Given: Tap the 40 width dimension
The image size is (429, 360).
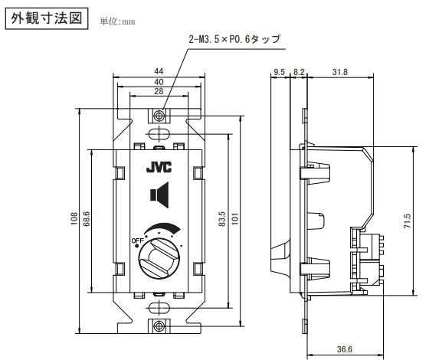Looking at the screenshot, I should coord(158,81).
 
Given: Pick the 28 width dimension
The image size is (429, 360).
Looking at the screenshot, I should coord(158,91).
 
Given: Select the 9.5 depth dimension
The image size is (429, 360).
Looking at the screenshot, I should coord(280,72).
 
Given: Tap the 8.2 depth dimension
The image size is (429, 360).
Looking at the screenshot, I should coord(299,72).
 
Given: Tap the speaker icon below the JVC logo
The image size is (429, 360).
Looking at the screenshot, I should coord(158,196).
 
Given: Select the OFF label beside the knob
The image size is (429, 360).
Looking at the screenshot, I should coord(138,241).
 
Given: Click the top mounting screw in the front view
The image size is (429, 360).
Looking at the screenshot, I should coord(159,116).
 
